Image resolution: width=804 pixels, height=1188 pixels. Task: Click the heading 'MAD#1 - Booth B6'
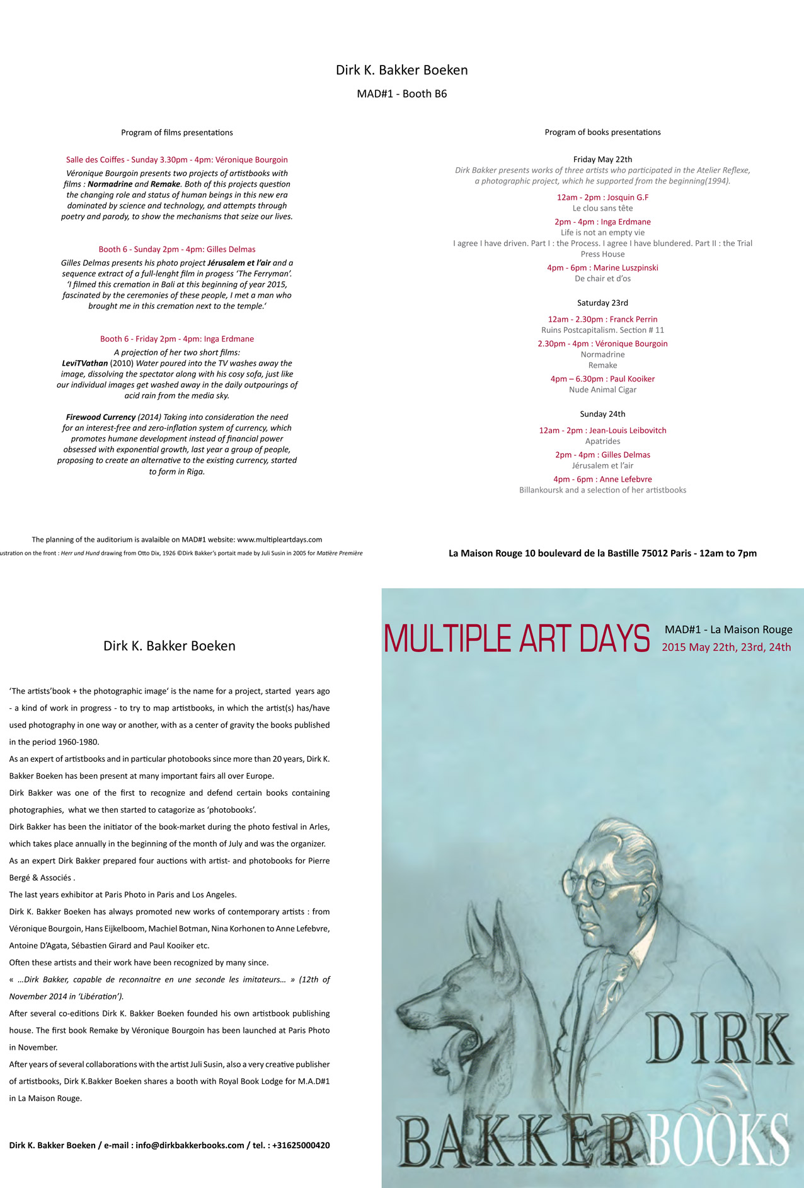coord(402,94)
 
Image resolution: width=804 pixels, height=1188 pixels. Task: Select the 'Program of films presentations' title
coord(177,132)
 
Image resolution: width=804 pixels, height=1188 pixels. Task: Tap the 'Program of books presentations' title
coord(602,132)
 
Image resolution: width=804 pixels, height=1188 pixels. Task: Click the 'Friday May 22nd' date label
coord(602,160)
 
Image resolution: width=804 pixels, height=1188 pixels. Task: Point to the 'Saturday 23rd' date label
coord(602,303)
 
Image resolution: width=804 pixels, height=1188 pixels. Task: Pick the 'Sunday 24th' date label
coord(602,414)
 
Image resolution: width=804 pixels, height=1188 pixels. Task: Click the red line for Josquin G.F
coord(602,197)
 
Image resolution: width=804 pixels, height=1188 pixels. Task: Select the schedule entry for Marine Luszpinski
coord(602,268)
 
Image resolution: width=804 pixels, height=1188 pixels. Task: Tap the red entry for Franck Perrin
coord(602,320)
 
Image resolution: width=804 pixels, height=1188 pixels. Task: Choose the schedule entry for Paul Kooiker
coord(602,379)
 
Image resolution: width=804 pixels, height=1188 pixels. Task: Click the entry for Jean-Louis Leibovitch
coord(602,431)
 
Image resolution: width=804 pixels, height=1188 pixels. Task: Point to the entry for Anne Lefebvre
coord(602,479)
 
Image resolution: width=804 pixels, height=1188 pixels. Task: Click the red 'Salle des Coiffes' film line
coord(177,160)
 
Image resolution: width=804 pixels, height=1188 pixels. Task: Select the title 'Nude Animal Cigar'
coord(602,390)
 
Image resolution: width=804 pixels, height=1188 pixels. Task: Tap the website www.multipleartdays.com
coord(279,540)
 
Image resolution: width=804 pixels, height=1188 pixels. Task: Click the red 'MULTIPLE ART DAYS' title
coord(517,639)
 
